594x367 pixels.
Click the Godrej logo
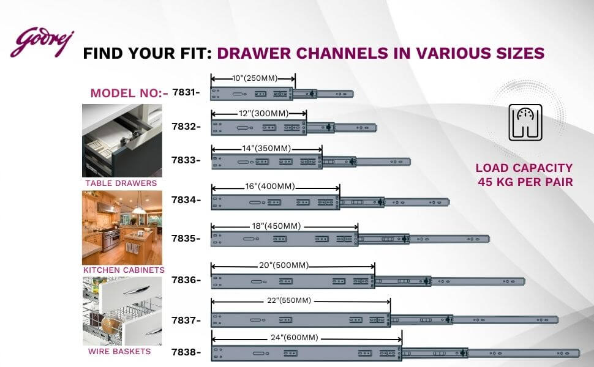[x=42, y=42]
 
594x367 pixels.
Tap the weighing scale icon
[x=525, y=122]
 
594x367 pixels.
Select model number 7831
[x=184, y=92]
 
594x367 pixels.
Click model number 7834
[x=184, y=200]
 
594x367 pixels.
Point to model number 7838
[x=184, y=352]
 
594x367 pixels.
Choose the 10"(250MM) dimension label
[x=255, y=78]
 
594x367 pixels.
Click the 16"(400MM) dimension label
[x=270, y=187]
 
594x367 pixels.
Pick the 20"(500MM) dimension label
[x=284, y=265]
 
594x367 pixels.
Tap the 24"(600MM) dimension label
[x=295, y=338]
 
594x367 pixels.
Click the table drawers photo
[x=122, y=141]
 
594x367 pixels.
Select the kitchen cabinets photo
[x=122, y=228]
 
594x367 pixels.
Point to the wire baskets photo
[x=122, y=311]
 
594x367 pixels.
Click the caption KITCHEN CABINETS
[x=124, y=270]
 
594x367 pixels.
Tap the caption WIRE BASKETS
[x=119, y=352]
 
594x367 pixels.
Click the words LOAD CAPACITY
[x=524, y=168]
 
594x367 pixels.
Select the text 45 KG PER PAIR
[x=525, y=182]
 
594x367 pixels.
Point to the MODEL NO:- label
[x=129, y=93]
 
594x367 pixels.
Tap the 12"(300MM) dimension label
[x=264, y=114]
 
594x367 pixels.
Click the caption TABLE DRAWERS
[x=121, y=183]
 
